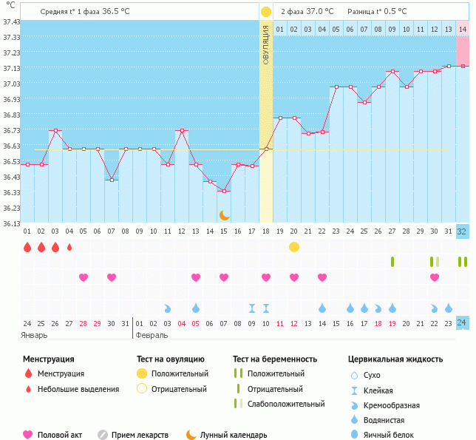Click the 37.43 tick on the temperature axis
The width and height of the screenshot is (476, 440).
(11, 22)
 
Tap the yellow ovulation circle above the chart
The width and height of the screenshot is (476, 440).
(266, 12)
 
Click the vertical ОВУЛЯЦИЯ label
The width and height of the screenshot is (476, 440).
(266, 44)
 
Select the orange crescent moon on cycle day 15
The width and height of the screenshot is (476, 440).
(224, 214)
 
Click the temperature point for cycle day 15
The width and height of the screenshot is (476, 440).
(224, 192)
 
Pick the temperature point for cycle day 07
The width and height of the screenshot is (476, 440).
(112, 180)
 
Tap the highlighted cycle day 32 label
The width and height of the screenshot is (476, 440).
(462, 231)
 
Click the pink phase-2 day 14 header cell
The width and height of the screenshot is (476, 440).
(462, 29)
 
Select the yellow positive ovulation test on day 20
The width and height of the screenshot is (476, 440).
(294, 246)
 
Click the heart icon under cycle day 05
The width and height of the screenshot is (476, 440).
(84, 277)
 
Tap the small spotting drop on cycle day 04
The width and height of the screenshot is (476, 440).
(69, 247)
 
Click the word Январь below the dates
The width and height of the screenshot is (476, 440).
(35, 335)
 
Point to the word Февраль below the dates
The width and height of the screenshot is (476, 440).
(152, 335)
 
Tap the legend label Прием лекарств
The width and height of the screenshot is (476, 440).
(140, 435)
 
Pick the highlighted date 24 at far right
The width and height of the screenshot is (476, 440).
(462, 323)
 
